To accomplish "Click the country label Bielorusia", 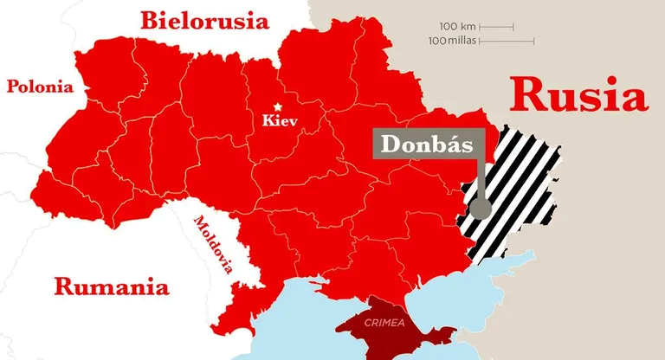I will (x=204, y=20).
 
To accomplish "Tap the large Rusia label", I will (x=578, y=95).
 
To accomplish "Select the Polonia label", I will (x=40, y=87).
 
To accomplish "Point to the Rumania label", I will (x=111, y=286).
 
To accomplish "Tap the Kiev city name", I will (x=280, y=121).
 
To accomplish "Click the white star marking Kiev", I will (x=278, y=106).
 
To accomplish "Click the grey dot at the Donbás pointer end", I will (x=481, y=209).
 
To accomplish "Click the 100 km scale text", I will (x=458, y=26).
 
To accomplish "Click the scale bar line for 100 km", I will (x=496, y=27).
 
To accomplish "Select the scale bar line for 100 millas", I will (x=507, y=41).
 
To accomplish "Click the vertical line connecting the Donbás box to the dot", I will (x=481, y=182).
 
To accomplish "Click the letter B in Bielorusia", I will (x=153, y=20).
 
